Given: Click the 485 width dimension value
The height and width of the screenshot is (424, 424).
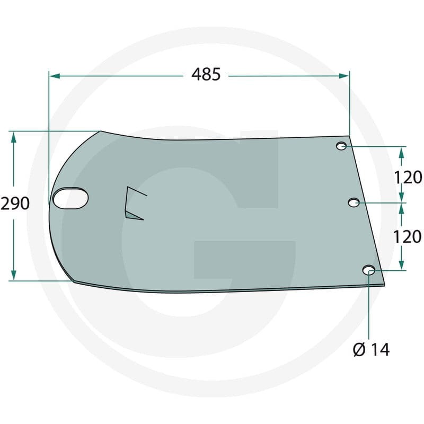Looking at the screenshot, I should pyautogui.click(x=206, y=75).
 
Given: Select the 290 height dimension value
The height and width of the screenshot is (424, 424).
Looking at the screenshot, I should pyautogui.click(x=15, y=204).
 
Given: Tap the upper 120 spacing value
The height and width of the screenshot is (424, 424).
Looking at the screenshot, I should pyautogui.click(x=408, y=177).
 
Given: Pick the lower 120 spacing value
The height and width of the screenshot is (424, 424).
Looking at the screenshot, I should pyautogui.click(x=408, y=236).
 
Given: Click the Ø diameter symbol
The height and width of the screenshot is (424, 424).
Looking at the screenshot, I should pyautogui.click(x=358, y=350).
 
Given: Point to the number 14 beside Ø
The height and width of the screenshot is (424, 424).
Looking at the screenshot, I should pyautogui.click(x=380, y=350).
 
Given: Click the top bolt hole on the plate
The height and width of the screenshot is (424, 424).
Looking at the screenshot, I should pyautogui.click(x=342, y=146).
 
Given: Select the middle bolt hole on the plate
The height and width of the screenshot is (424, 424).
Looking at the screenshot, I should pyautogui.click(x=354, y=202).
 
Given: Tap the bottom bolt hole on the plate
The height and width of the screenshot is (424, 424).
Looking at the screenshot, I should pyautogui.click(x=369, y=270).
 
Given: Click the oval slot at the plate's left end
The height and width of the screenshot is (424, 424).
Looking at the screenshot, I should pyautogui.click(x=70, y=198).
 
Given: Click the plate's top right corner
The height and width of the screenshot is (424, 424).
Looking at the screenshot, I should pyautogui.click(x=350, y=136).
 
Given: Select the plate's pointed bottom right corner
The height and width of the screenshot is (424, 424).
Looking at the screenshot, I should pyautogui.click(x=385, y=285).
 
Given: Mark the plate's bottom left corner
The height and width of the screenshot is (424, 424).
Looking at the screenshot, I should pyautogui.click(x=74, y=281).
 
